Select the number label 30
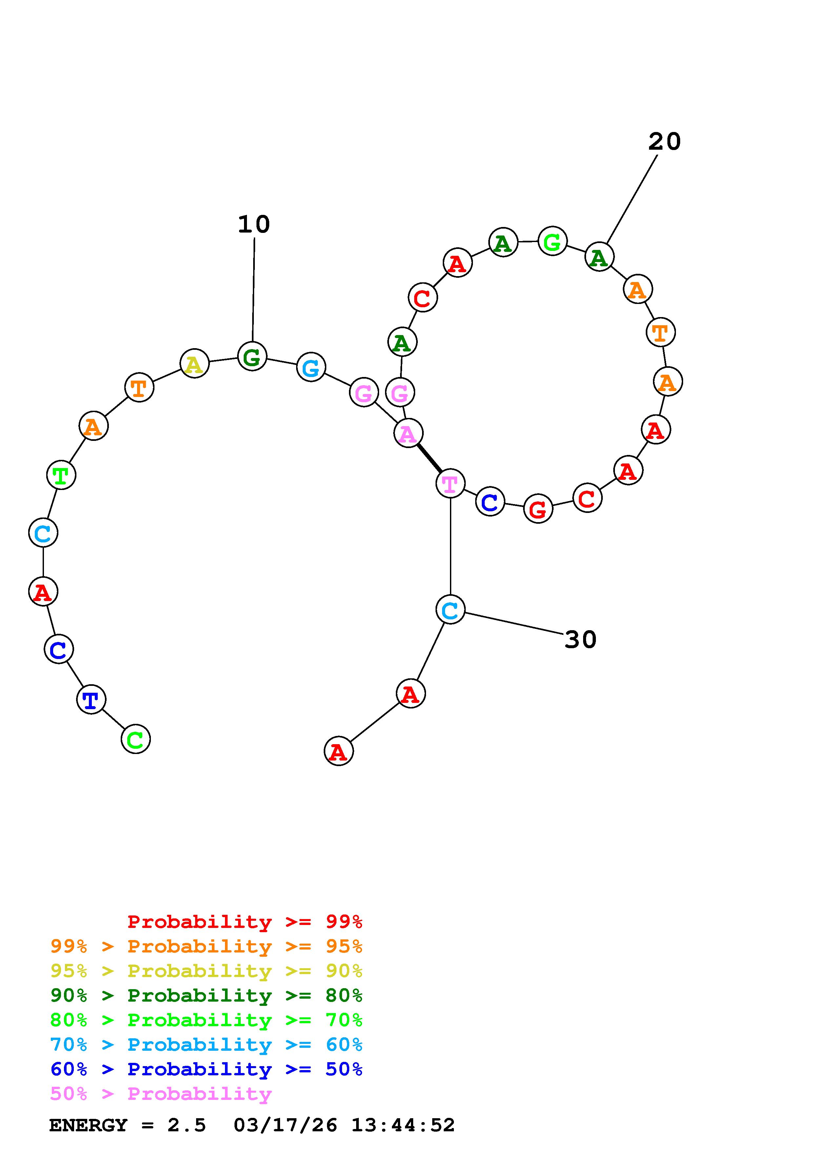(580, 640)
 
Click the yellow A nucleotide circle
(194, 364)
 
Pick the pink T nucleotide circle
(450, 483)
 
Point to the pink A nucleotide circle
(408, 433)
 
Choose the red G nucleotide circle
(538, 509)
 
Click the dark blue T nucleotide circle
(91, 700)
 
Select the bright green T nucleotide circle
(61, 475)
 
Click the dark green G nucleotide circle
(252, 356)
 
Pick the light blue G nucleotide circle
(311, 367)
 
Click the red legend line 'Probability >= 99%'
(244, 921)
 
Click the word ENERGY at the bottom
(88, 1125)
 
